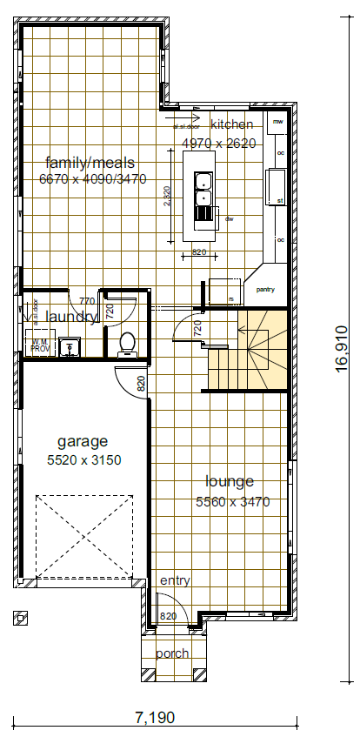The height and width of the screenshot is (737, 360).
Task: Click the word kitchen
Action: click(231, 124)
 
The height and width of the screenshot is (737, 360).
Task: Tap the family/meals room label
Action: click(90, 163)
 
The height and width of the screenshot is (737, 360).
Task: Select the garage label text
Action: click(83, 440)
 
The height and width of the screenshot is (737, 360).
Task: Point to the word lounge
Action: click(230, 481)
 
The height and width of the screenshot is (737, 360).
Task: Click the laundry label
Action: click(71, 318)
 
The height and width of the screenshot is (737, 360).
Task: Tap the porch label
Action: click(171, 653)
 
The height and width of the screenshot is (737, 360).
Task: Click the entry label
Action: click(175, 581)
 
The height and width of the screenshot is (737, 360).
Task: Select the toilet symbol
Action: click(127, 344)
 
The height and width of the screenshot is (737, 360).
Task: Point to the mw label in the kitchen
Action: click(278, 123)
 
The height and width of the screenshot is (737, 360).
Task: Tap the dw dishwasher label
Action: click(230, 219)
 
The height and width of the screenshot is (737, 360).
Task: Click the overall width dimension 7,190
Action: click(155, 717)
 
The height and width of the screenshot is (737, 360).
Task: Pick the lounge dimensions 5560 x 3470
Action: click(232, 501)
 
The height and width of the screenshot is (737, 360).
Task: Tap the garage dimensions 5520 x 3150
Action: click(83, 459)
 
